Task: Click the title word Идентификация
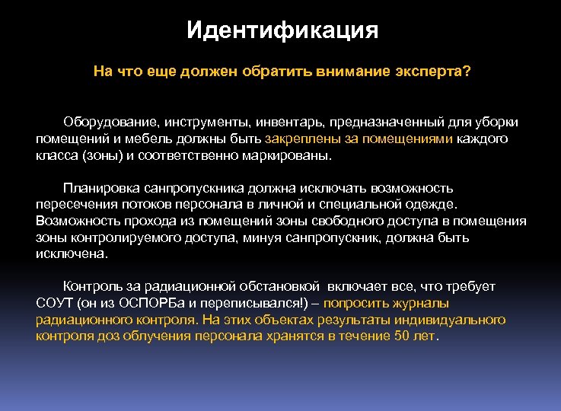tap(282, 31)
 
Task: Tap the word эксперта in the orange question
tap(431, 71)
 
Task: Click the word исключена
tap(72, 253)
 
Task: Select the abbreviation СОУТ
tap(54, 304)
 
